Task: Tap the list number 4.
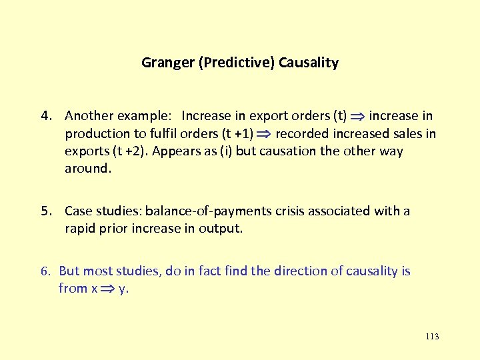(45, 117)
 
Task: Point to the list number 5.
(45, 211)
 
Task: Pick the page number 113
(431, 337)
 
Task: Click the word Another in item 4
(89, 117)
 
